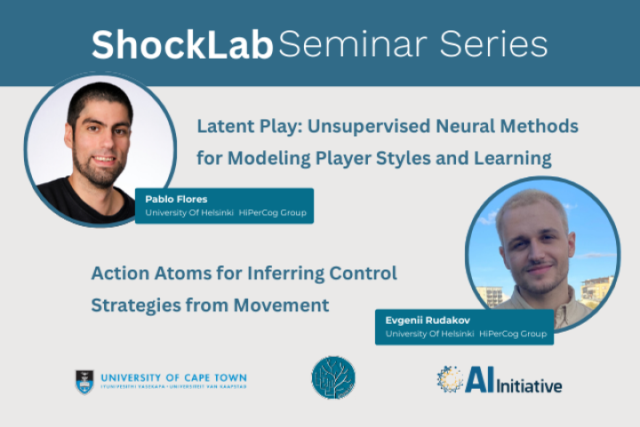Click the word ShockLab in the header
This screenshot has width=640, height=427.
(x=181, y=44)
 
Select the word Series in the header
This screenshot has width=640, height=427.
(x=499, y=44)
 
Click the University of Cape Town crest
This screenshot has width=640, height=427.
(x=84, y=381)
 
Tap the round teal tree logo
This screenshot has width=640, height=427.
(x=333, y=377)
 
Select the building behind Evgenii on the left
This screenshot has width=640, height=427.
(x=490, y=294)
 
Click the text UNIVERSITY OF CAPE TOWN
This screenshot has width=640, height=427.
(x=173, y=378)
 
